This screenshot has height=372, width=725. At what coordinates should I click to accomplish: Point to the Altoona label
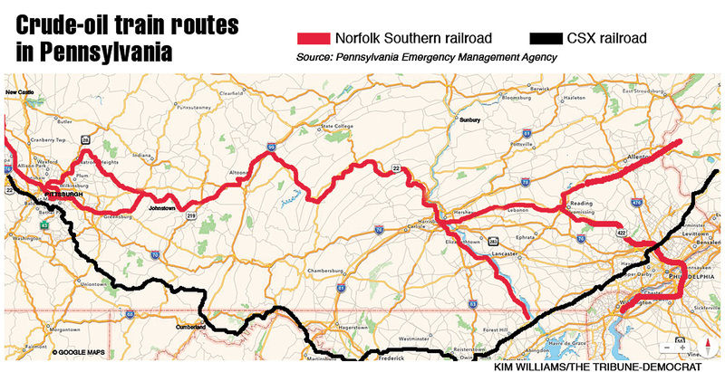click(239, 172)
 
